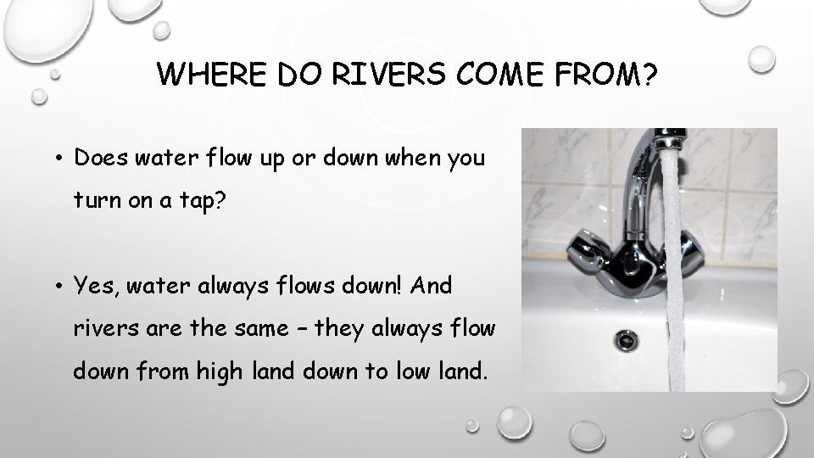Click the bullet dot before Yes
coord(62,288)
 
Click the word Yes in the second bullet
coord(94,287)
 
